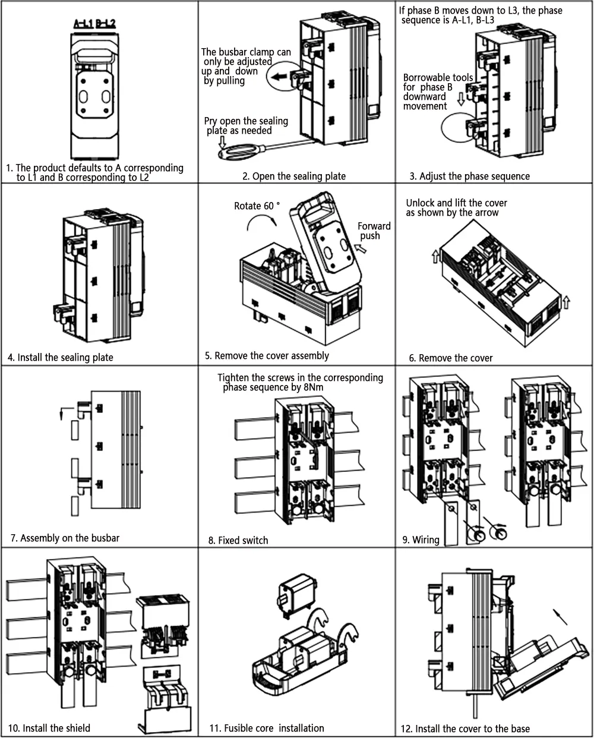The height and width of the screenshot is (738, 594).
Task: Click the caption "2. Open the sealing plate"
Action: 293,176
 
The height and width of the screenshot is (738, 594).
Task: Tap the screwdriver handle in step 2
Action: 233,153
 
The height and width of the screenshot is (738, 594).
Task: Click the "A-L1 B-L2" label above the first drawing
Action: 94,24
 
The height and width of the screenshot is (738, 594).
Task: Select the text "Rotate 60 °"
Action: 257,206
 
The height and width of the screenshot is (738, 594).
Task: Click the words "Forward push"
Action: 374,231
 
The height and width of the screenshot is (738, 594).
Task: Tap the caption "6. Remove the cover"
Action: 451,358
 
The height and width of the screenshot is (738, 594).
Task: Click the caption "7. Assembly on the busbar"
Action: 65,538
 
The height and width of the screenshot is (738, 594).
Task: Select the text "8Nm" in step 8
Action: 309,387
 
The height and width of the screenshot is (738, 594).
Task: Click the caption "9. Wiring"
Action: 421,540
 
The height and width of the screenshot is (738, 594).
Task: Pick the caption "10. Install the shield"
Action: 49,728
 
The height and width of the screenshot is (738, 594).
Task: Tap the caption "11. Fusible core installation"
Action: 267,728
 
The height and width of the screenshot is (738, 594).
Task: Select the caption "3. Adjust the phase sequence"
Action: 470,176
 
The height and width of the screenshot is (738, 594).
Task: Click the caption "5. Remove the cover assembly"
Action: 267,355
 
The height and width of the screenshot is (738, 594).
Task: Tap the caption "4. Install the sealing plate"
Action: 61,357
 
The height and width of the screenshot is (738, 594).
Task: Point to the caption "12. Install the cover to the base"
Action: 465,728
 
